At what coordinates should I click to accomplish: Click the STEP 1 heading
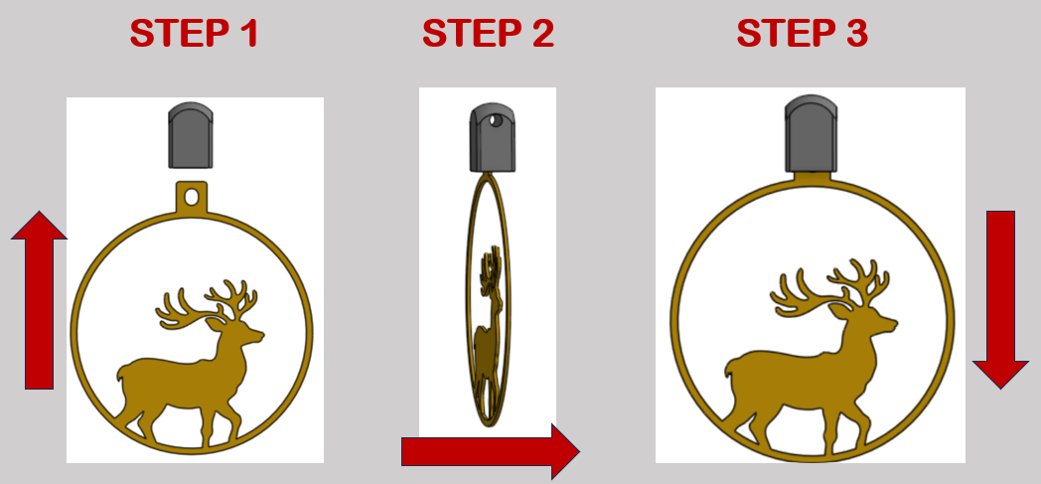(x=193, y=33)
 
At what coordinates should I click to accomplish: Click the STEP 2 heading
(x=488, y=33)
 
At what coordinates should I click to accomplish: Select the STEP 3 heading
(x=802, y=33)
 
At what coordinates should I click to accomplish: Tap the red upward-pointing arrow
(x=39, y=300)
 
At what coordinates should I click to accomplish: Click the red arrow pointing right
(x=491, y=451)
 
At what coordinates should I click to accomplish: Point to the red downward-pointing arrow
(x=1000, y=300)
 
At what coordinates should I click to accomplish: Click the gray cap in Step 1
(x=191, y=135)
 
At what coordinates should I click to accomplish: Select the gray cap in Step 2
(x=494, y=137)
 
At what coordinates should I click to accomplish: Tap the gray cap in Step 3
(x=812, y=134)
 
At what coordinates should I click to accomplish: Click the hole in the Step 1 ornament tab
(x=192, y=197)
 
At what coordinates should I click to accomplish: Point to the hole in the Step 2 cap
(x=494, y=120)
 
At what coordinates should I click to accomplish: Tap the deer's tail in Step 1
(x=122, y=373)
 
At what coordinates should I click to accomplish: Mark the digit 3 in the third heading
(x=856, y=34)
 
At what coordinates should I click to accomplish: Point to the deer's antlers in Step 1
(x=207, y=305)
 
